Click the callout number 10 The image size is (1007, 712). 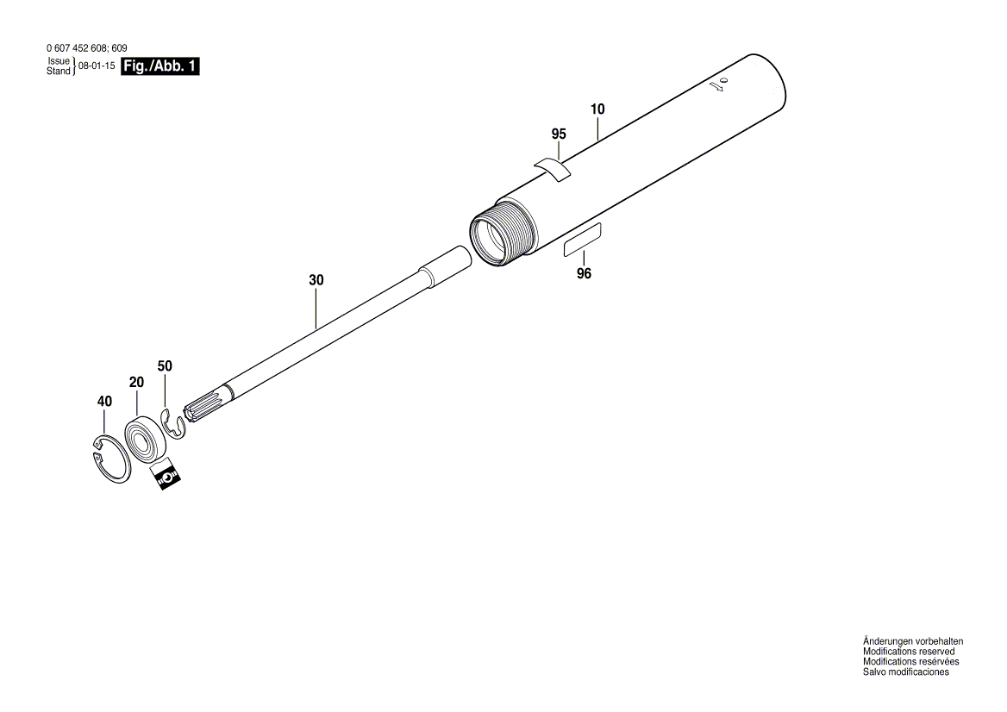tap(597, 109)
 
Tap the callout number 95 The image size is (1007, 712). tap(559, 134)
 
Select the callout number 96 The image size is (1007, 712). tap(584, 274)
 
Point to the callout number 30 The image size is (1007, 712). tap(316, 280)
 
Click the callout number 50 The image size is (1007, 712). tap(165, 366)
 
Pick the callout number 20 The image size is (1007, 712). tap(135, 382)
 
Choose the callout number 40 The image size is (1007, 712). tap(104, 402)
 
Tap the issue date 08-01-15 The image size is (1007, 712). tap(97, 66)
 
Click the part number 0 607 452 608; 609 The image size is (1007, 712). tap(85, 48)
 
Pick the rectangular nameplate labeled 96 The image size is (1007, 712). tap(583, 238)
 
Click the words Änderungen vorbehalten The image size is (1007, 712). tap(913, 642)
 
